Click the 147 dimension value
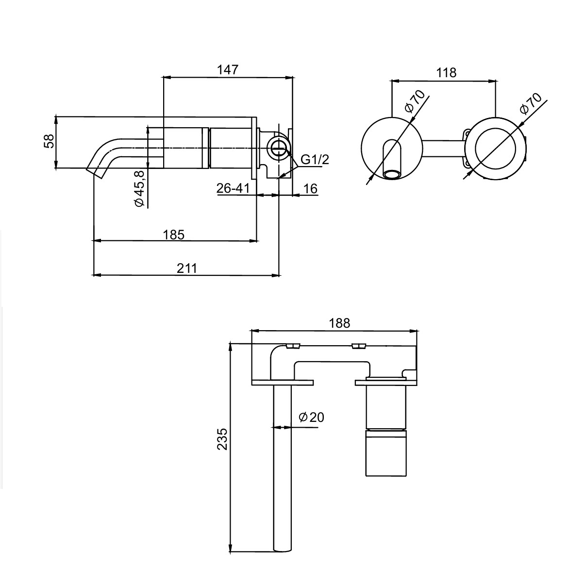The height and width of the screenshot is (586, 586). coord(228,69)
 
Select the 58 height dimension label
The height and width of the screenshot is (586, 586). coord(49,141)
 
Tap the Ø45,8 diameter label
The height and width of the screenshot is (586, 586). coord(139,189)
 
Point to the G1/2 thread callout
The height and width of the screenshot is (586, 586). coord(315,159)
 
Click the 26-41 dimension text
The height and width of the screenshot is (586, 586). coord(233,188)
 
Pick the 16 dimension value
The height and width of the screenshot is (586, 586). coord(310,188)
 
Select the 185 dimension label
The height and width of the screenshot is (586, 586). coord(174,234)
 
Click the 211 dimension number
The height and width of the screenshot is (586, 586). coord(187,268)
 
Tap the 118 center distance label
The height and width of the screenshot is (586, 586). coord(446,73)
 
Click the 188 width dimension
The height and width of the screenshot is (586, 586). coord(339,323)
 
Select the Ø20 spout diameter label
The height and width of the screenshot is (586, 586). coord(311,417)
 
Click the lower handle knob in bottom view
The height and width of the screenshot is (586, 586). coord(385,453)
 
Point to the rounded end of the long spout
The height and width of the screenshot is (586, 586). coord(283,548)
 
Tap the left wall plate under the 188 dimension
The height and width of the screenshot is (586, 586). coord(282,382)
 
